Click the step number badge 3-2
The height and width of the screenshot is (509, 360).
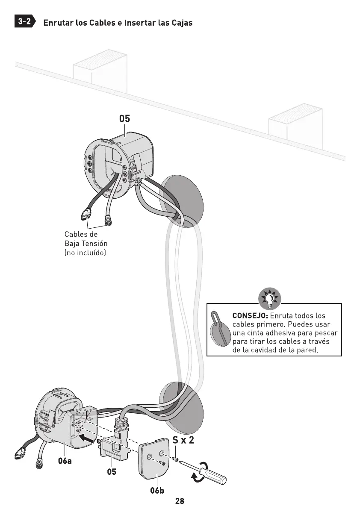(x=25, y=22)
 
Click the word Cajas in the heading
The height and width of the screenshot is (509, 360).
(x=181, y=23)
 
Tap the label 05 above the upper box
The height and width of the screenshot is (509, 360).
(x=124, y=119)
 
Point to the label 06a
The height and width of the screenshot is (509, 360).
(x=65, y=461)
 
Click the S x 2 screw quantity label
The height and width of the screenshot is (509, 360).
(x=183, y=440)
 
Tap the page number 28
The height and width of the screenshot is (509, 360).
(x=180, y=501)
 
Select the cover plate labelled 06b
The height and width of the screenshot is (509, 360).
(x=154, y=460)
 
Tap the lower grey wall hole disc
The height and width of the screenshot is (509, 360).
(x=181, y=407)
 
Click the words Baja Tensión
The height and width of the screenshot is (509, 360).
(x=86, y=244)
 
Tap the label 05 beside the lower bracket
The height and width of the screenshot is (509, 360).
(x=111, y=472)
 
